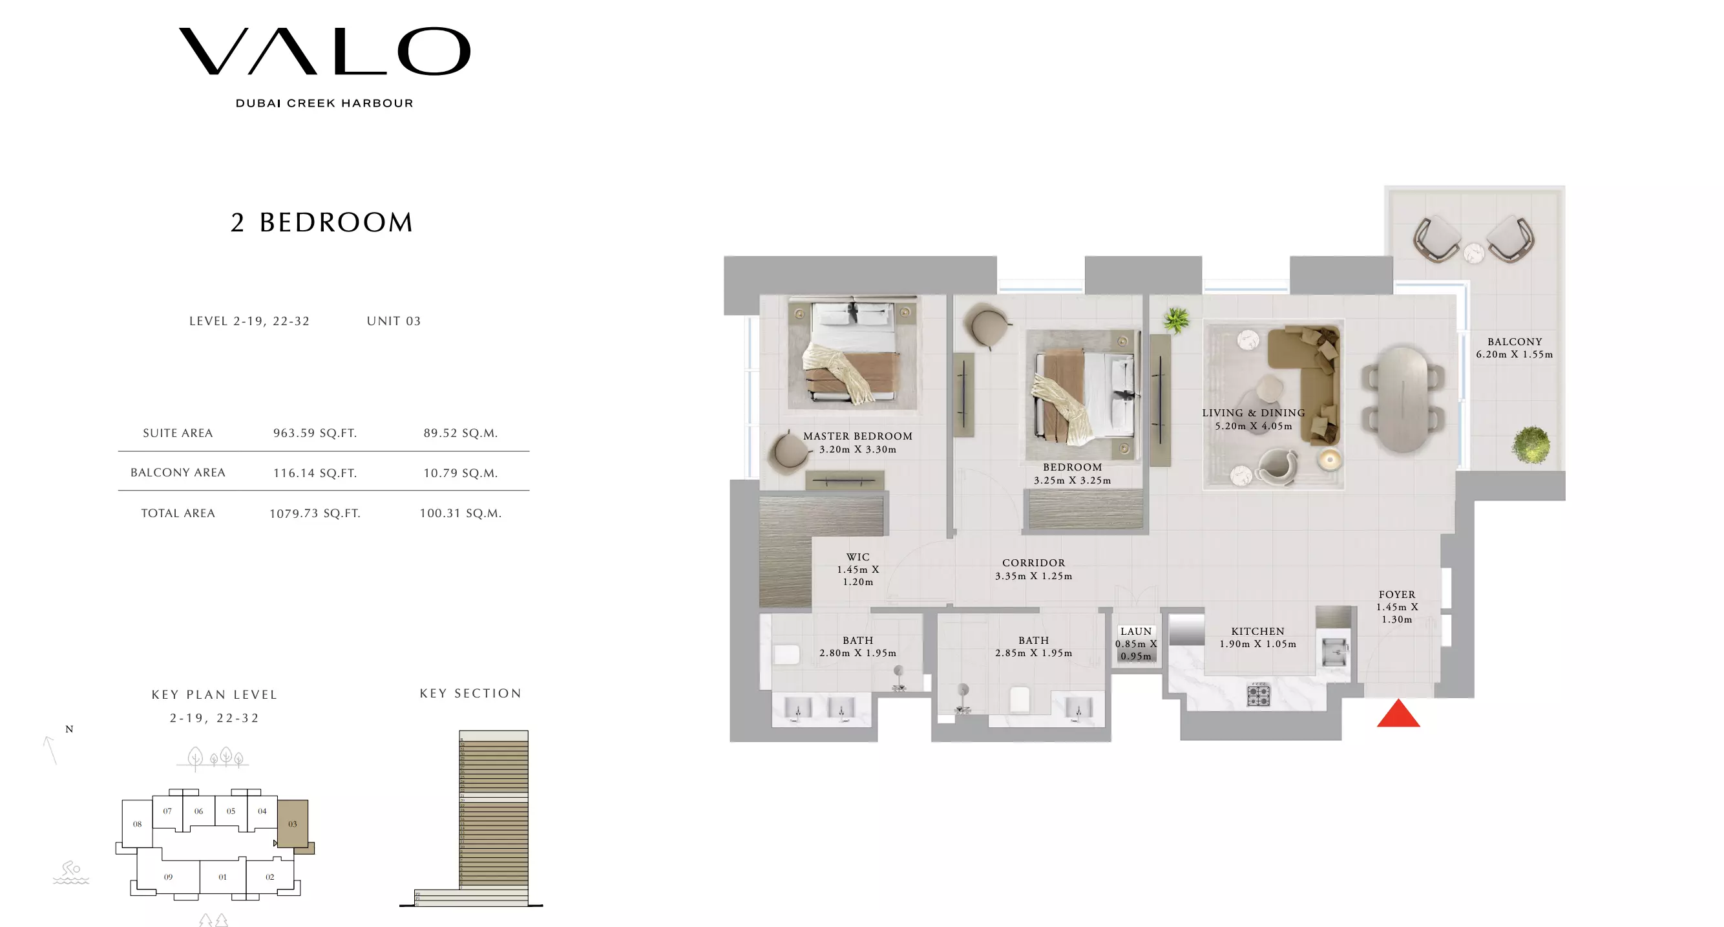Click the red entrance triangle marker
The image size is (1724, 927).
1398,715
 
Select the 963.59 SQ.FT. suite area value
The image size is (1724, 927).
315,433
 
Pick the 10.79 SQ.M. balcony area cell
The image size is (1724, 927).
461,473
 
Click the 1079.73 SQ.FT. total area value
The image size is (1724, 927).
315,513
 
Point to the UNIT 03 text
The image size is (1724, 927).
394,321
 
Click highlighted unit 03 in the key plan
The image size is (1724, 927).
293,824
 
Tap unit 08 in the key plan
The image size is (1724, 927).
137,824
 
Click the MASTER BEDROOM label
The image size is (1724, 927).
857,436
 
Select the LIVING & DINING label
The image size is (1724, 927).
1253,413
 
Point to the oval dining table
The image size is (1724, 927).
1403,399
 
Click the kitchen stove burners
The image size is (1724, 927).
1258,695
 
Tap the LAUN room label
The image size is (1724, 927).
1136,631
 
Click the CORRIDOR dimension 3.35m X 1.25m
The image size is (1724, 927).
1033,576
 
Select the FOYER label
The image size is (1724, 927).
1397,594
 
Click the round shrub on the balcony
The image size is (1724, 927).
1530,444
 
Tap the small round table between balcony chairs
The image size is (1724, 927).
1474,252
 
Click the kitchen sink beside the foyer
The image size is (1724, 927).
1334,650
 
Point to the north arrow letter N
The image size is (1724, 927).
69,729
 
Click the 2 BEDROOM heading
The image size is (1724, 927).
322,222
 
